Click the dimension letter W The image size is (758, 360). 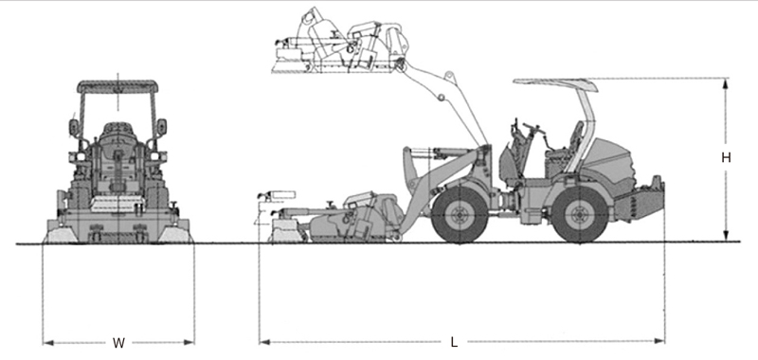click(118, 343)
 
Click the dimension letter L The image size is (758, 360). click(454, 342)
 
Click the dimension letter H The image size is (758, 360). click(726, 157)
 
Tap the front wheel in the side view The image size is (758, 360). click(460, 214)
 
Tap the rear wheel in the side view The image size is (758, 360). click(579, 214)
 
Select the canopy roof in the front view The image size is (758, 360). click(117, 86)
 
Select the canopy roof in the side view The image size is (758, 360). click(555, 84)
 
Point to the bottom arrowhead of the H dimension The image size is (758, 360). click(725, 235)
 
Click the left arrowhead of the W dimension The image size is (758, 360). click(48, 343)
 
